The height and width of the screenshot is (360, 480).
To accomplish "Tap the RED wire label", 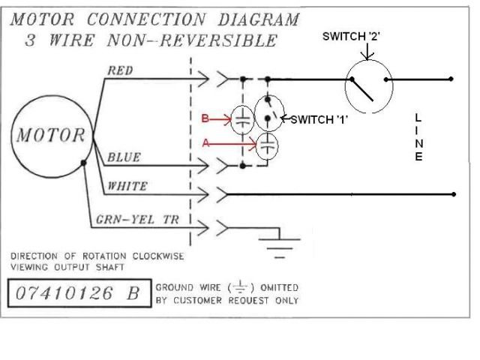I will click(121, 70).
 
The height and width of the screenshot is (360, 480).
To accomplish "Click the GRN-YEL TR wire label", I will click(136, 220).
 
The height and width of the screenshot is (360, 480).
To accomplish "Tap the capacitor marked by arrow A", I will click(267, 145).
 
